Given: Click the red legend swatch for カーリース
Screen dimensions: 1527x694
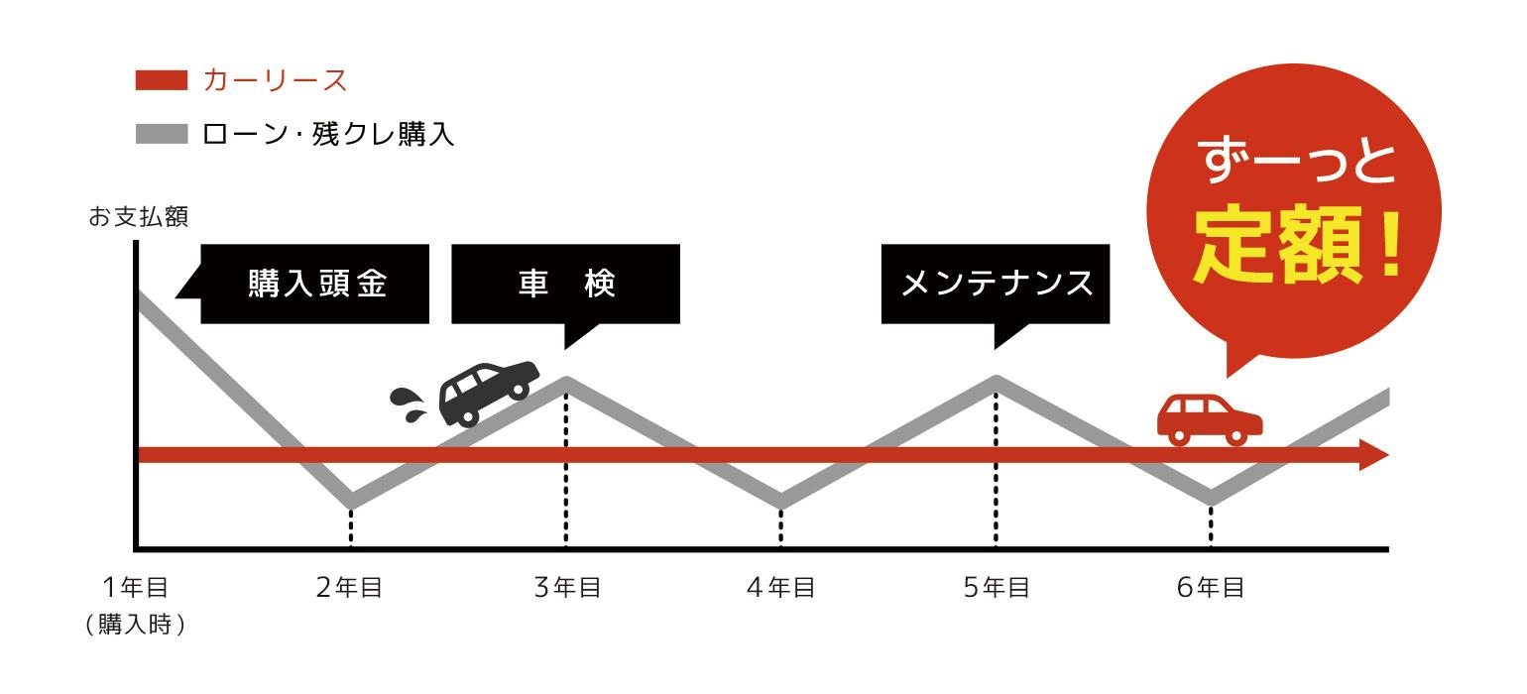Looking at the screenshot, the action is click(x=162, y=80).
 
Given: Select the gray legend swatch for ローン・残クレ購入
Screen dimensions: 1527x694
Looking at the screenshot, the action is click(x=162, y=134).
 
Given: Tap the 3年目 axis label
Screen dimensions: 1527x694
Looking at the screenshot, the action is click(x=567, y=587).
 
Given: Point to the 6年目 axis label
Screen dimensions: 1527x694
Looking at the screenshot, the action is click(x=1211, y=587).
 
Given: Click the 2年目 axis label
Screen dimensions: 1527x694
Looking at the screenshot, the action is click(x=349, y=587).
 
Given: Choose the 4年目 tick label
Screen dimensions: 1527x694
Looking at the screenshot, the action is click(x=781, y=587).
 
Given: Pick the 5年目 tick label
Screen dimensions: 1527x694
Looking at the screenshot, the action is click(x=996, y=587).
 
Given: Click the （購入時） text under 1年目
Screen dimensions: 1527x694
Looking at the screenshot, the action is click(x=136, y=624).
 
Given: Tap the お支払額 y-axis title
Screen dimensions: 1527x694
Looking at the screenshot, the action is click(x=139, y=217).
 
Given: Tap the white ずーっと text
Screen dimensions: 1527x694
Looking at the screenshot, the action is click(x=1297, y=161).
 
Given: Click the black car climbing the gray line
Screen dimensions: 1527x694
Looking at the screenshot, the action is click(x=488, y=393).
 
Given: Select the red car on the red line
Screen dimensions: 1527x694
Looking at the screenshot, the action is click(x=1210, y=419).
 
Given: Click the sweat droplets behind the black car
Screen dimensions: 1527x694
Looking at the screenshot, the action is click(x=408, y=405).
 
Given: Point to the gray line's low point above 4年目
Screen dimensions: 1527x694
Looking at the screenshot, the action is click(x=781, y=501).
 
